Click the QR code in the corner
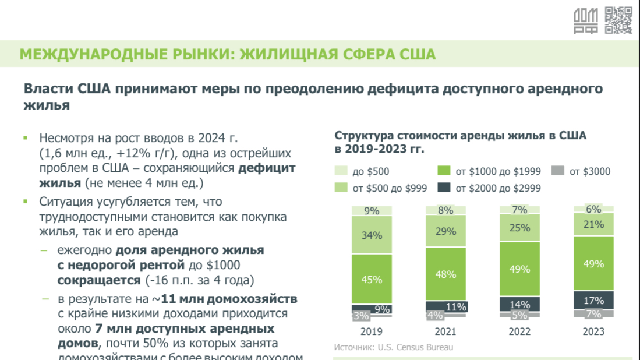point(618,20)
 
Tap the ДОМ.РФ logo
point(586,22)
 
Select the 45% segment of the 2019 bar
point(372,279)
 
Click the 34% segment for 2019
point(372,235)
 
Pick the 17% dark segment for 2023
point(594,300)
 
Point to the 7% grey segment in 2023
point(594,314)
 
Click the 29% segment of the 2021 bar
point(445,231)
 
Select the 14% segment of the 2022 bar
point(519,304)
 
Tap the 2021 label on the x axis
point(445,331)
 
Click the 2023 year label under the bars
point(594,331)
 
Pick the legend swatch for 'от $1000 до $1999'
point(444,171)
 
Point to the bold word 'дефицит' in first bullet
point(267,168)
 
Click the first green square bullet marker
point(26,138)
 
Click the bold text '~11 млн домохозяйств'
point(225,299)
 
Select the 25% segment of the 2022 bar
point(519,227)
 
